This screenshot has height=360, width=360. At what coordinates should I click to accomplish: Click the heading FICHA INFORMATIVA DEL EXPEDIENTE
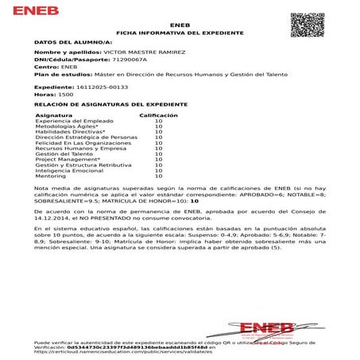(180, 33)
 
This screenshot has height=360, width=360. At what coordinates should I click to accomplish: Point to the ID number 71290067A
(110, 60)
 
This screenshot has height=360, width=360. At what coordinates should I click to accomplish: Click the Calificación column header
(158, 115)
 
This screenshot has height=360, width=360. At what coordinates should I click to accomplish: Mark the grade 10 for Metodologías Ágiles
(158, 126)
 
